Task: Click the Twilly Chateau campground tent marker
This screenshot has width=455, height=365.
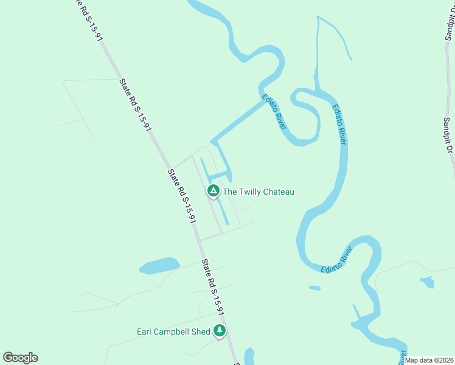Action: pos(214,191)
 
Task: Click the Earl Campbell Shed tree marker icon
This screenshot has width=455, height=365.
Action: pos(220,331)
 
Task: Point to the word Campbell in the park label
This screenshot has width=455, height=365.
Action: pos(172,332)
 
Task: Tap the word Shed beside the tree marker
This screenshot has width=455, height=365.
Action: pos(201,332)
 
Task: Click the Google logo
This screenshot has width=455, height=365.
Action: pos(20,358)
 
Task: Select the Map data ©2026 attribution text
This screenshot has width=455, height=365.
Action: pos(429,360)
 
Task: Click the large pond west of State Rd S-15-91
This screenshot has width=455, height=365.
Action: pos(159,266)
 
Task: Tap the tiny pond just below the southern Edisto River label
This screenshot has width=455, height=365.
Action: pos(314,288)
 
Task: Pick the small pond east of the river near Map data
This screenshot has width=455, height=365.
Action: pos(427,282)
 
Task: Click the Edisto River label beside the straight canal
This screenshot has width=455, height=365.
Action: pos(274,111)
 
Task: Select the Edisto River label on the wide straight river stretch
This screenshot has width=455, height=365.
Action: pos(339,125)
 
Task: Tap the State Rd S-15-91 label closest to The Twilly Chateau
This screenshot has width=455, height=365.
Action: pos(181,196)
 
